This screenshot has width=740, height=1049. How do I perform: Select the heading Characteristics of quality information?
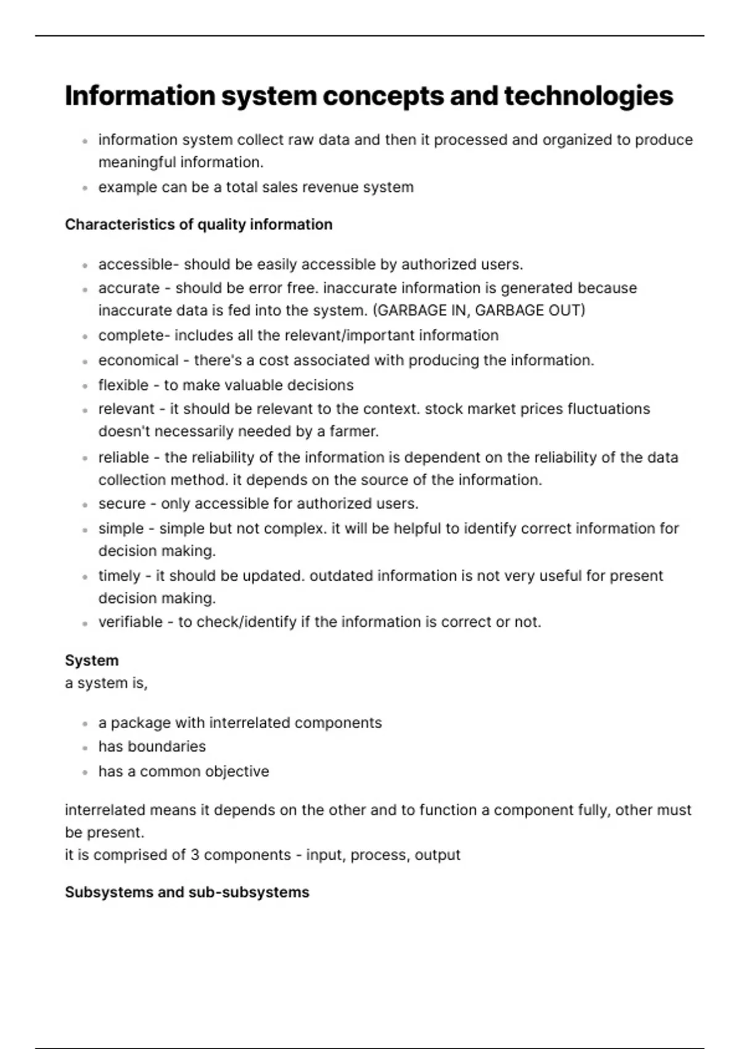pos(198,225)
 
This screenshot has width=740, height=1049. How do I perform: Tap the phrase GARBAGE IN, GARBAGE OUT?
pos(479,310)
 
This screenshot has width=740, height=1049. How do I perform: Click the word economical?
pos(138,360)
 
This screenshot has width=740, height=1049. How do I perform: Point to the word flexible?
pos(123,385)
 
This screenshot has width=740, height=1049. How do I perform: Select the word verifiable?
pos(131,622)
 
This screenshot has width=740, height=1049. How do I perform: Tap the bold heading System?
pos(91,660)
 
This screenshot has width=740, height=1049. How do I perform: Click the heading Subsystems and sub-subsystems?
pos(187,892)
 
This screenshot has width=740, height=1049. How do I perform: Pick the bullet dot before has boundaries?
pos(85,748)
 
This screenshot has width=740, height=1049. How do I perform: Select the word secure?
pos(122,504)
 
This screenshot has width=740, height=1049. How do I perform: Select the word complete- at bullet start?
pos(134,336)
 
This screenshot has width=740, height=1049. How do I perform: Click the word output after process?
pos(437,855)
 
